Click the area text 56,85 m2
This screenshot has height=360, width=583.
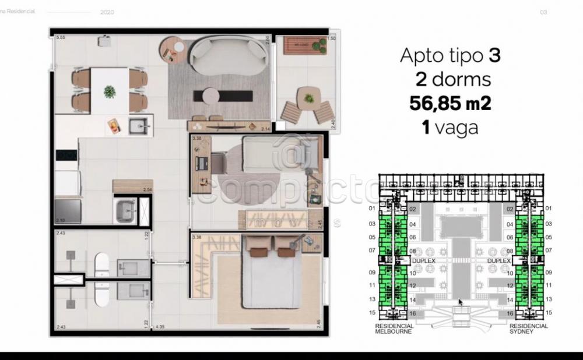tap(450, 103)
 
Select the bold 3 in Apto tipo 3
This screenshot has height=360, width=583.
tap(494, 56)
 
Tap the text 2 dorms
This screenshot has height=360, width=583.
tap(453, 79)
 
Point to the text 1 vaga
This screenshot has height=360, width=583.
tap(450, 127)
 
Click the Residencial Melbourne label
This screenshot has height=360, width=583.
tap(395, 329)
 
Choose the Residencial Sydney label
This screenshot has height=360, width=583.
tap(528, 329)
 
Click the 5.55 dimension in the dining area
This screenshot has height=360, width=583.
tap(60, 38)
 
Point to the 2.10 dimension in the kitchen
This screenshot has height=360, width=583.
tap(60, 220)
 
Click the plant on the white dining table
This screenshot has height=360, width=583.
tap(109, 91)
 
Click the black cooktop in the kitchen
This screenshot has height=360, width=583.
tap(66, 155)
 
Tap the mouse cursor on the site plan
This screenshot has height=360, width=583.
tap(460, 302)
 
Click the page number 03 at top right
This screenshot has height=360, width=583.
tap(543, 12)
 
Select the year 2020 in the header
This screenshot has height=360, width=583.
tap(107, 12)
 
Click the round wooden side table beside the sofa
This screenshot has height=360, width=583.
tap(172, 50)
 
